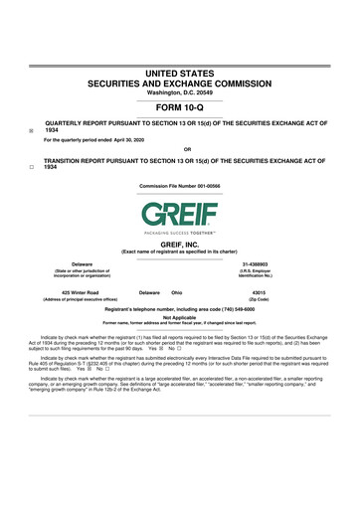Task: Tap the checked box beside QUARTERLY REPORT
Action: tap(32, 129)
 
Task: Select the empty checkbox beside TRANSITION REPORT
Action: tap(32, 165)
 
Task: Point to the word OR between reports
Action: tap(179, 151)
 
